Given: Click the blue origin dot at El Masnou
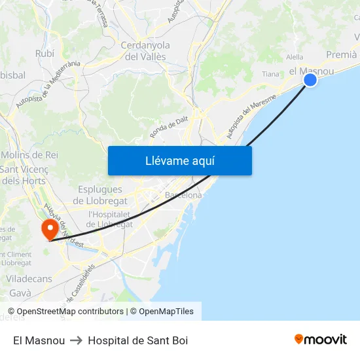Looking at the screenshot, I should [310, 80].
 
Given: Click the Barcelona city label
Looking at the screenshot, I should [183, 195].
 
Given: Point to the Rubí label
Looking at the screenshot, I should [45, 54].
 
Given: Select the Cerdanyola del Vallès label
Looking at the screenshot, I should [145, 51].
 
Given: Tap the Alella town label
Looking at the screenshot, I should [295, 58].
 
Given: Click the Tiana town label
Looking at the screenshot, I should [270, 74].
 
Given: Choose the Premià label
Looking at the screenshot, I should [340, 55].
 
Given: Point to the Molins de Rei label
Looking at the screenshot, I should [31, 155].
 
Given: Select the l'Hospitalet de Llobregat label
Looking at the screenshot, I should [110, 219].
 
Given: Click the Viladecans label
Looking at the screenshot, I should [29, 278].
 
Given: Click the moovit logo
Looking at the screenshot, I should [321, 340].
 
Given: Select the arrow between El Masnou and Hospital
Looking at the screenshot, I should [76, 340].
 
